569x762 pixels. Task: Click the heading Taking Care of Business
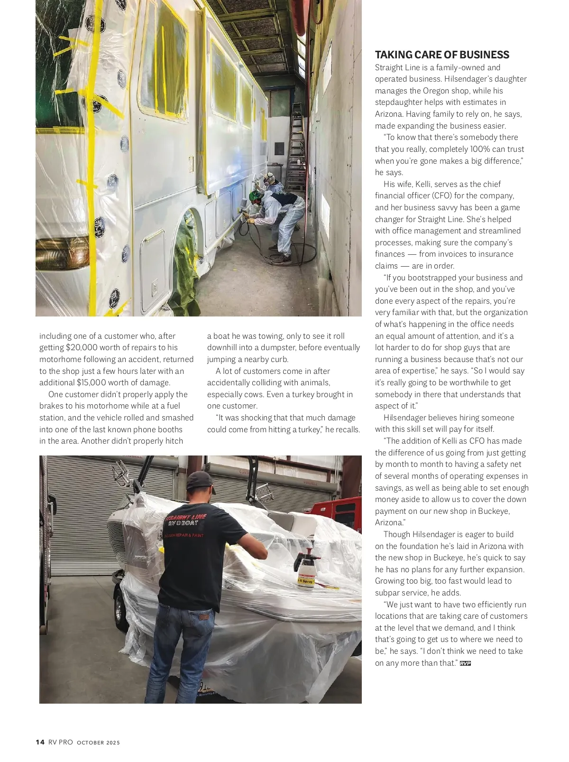tap(442, 55)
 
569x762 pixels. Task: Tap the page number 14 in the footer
tap(40, 742)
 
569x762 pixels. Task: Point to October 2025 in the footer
tap(99, 743)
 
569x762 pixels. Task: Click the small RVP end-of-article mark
tap(465, 663)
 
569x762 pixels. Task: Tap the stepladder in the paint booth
tap(296, 142)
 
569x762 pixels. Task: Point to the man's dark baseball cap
tap(201, 481)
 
